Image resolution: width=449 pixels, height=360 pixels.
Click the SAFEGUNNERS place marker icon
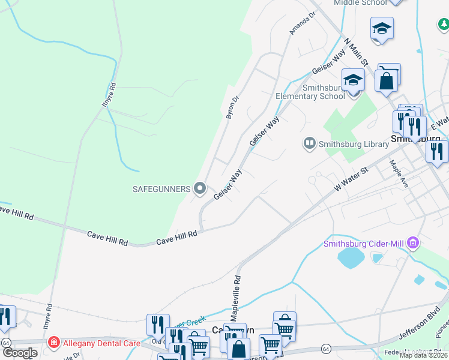[x=200, y=189]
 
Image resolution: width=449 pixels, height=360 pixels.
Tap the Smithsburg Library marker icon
[x=310, y=143]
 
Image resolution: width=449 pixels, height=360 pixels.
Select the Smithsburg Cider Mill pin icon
[x=412, y=244]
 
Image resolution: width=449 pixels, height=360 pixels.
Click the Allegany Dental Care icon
[x=55, y=343]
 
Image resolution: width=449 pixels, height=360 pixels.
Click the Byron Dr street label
[x=233, y=107]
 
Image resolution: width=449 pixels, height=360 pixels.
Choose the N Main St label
[x=356, y=53]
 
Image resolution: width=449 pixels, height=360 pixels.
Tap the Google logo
[x=19, y=353]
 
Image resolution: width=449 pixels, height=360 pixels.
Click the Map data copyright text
[x=423, y=355]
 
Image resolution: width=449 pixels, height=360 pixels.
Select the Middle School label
[x=360, y=3]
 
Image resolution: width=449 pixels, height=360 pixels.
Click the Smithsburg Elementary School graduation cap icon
[x=353, y=80]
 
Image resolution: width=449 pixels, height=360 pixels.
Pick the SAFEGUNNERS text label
[x=161, y=189]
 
